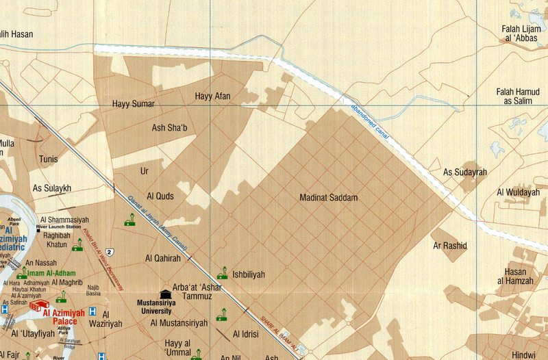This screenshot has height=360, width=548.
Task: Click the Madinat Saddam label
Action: [x=329, y=198]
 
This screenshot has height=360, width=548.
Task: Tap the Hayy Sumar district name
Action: [x=133, y=104]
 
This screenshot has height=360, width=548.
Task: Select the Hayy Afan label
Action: [x=212, y=97]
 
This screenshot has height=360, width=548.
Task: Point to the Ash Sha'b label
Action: [x=169, y=127]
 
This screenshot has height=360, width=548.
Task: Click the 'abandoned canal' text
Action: [x=370, y=123]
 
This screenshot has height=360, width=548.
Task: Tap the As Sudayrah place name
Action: [x=464, y=172]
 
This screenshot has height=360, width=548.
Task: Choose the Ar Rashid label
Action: [x=449, y=245]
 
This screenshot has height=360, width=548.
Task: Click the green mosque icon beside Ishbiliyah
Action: [x=222, y=274]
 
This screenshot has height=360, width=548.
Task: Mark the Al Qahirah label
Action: [x=163, y=259]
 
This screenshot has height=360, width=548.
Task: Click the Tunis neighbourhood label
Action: [x=49, y=159]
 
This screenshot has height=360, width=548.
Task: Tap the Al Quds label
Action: [x=160, y=196]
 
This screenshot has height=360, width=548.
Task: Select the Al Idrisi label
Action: [x=245, y=334]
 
